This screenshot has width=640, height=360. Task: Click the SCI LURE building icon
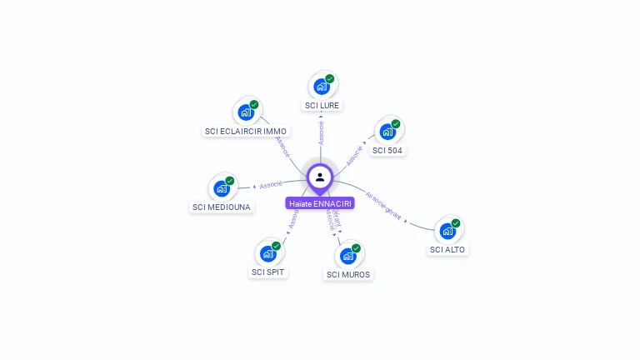pyautogui.click(x=321, y=86)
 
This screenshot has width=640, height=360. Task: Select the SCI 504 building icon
pyautogui.click(x=387, y=131)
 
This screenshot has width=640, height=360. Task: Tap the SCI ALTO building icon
pyautogui.click(x=447, y=230)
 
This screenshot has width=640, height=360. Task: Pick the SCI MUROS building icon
pyautogui.click(x=347, y=255)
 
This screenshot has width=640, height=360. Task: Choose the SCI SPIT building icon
pyautogui.click(x=267, y=252)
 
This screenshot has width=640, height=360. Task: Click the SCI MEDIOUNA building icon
pyautogui.click(x=221, y=187)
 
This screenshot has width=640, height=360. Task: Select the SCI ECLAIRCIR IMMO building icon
pyautogui.click(x=245, y=112)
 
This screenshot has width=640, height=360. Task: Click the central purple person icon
pyautogui.click(x=320, y=177)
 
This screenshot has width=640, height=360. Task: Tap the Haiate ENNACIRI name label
pyautogui.click(x=320, y=203)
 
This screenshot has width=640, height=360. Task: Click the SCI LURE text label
pyautogui.click(x=322, y=106)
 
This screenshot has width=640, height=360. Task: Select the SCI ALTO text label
pyautogui.click(x=448, y=250)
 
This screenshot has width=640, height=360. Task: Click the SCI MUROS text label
pyautogui.click(x=348, y=275)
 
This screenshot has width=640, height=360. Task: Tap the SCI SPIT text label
pyautogui.click(x=268, y=272)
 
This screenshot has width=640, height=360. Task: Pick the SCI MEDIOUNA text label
pyautogui.click(x=222, y=207)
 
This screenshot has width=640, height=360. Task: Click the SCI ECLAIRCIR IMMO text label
pyautogui.click(x=246, y=132)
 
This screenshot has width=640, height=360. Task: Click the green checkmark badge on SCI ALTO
pyautogui.click(x=456, y=222)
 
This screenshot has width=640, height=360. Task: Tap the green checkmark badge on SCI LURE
pyautogui.click(x=330, y=78)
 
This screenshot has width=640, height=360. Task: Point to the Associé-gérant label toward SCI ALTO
pyautogui.click(x=384, y=206)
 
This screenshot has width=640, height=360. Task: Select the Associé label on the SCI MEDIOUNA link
pyautogui.click(x=271, y=184)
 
